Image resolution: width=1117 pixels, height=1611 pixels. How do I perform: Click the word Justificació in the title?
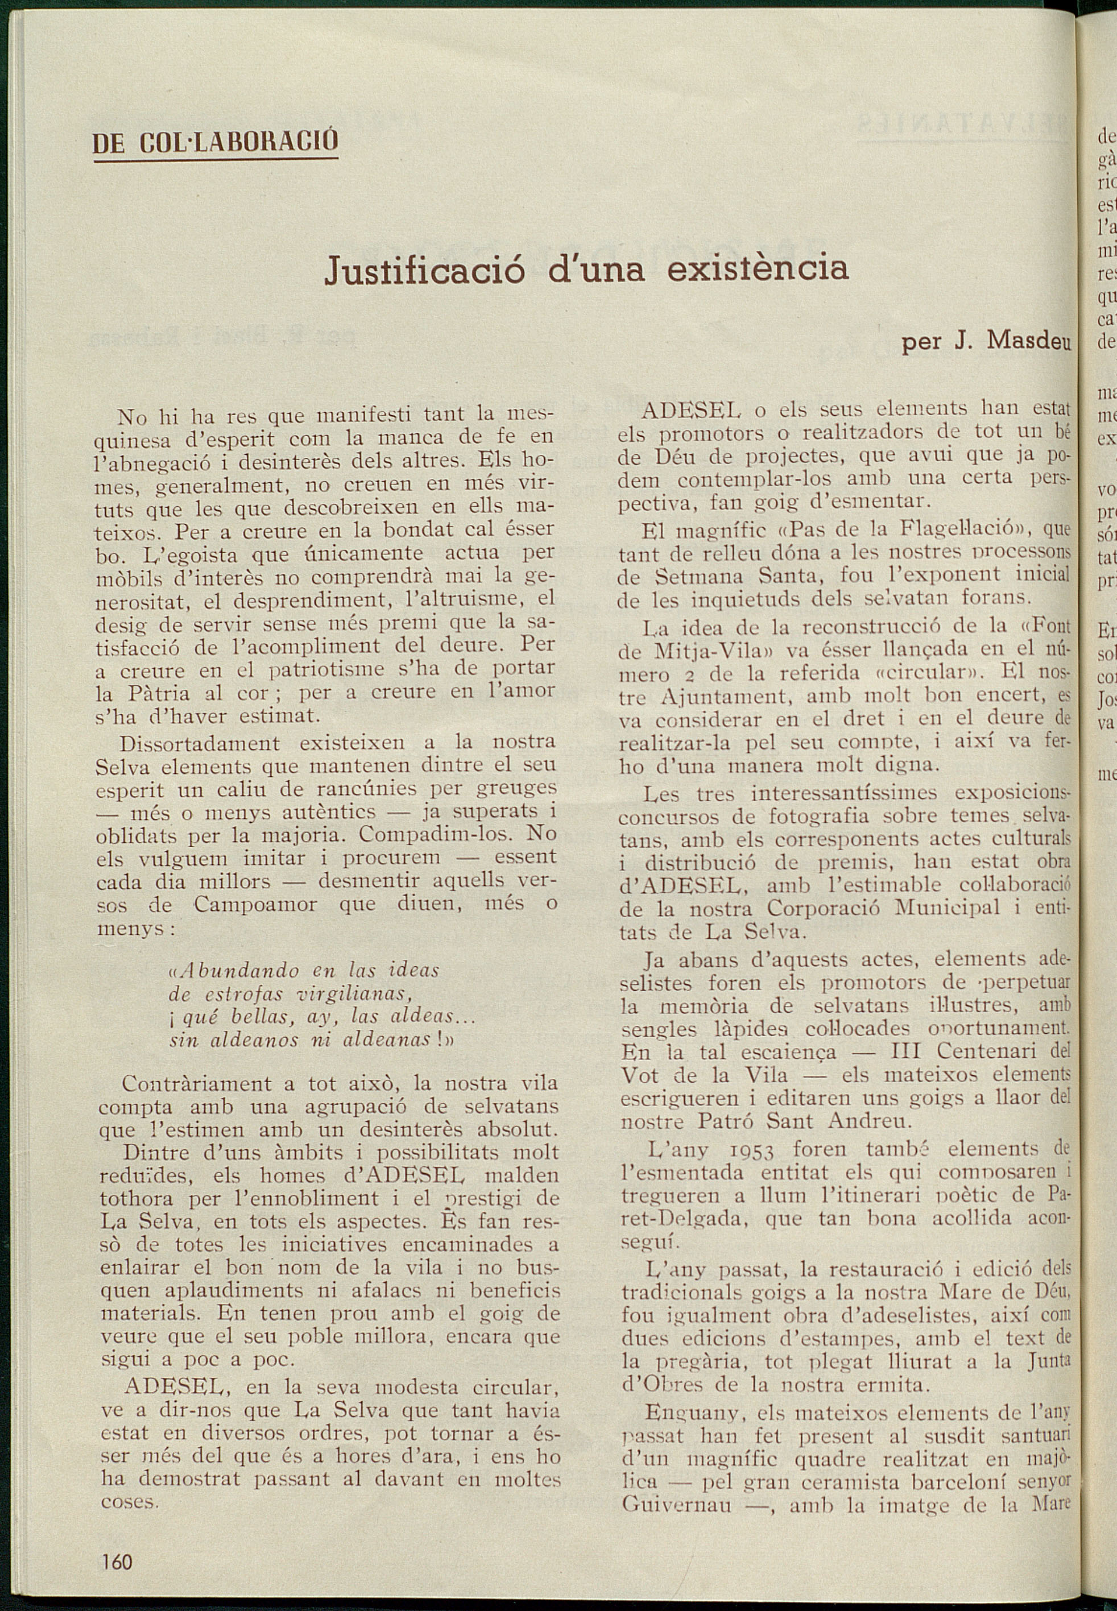pos(424,270)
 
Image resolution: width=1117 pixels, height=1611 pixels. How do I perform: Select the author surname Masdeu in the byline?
pos(1029,341)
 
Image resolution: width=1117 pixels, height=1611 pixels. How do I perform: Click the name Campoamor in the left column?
pos(255,905)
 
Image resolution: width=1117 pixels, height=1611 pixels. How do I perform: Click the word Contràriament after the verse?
pos(197,1084)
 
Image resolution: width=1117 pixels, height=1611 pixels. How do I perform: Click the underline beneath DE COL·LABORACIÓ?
pos(216,161)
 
